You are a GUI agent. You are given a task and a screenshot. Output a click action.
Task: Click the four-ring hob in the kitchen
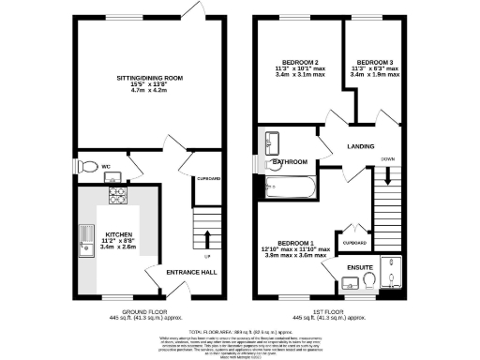click(119, 196)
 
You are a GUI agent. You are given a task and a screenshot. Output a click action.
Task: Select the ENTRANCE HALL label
click(191, 272)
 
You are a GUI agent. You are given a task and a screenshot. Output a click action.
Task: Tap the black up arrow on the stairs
click(207, 236)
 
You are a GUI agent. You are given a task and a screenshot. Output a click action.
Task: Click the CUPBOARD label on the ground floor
click(208, 178)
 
